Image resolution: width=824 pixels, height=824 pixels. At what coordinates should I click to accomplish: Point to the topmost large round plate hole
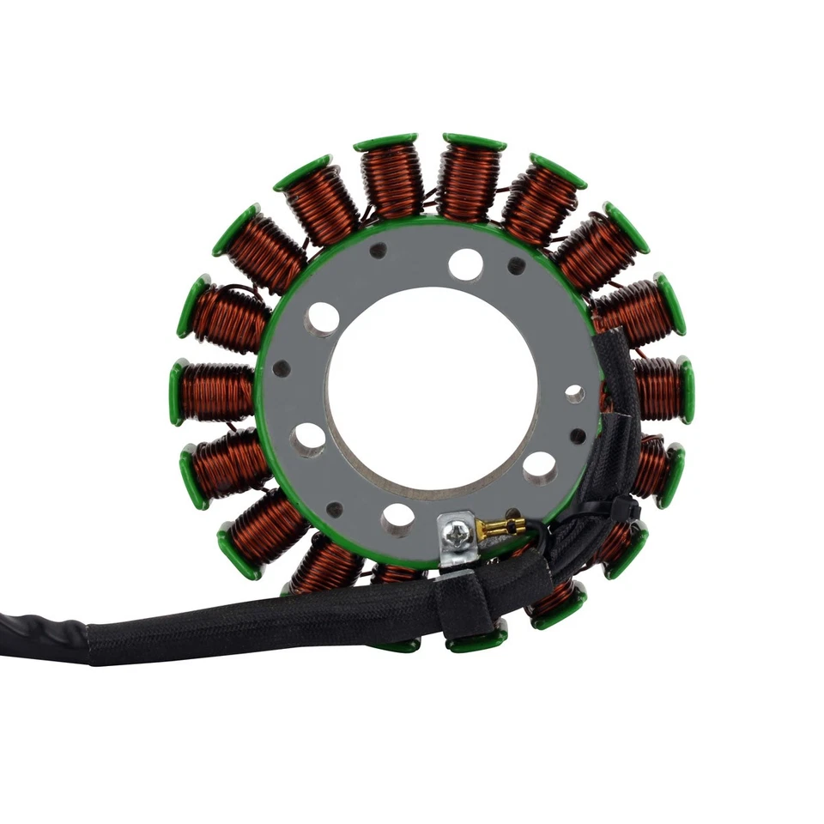pyautogui.click(x=465, y=264)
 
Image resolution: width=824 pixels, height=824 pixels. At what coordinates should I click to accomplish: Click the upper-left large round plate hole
pyautogui.click(x=322, y=318)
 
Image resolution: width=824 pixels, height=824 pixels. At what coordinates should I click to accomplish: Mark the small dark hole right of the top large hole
pyautogui.click(x=516, y=266)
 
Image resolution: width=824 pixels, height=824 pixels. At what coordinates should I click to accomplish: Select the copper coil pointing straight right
pyautogui.click(x=657, y=389)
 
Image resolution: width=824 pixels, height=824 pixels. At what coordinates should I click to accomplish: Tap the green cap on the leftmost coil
pyautogui.click(x=177, y=392)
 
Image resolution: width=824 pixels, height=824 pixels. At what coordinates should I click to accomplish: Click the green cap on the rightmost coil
pyautogui.click(x=686, y=391)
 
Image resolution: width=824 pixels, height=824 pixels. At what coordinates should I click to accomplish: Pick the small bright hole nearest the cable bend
pyautogui.click(x=574, y=394)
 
